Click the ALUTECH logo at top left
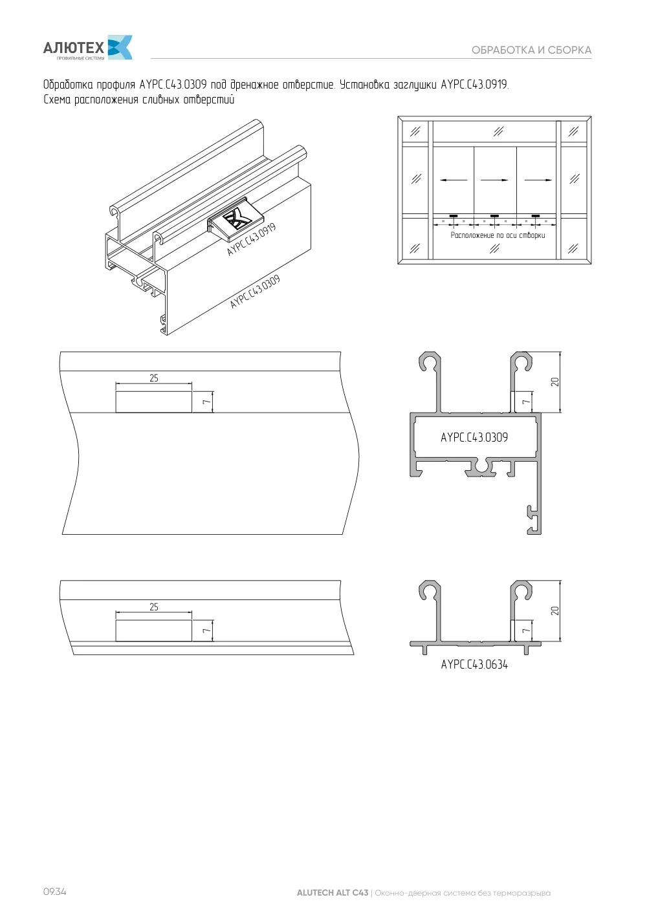point(87,48)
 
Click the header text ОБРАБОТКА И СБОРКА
point(531,50)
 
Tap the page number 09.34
point(55,892)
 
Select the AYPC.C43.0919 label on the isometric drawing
point(252,239)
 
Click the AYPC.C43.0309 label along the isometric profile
point(255,292)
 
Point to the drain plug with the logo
point(235,219)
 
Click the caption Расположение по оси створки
point(498,235)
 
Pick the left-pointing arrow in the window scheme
point(454,180)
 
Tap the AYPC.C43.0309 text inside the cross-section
point(474,438)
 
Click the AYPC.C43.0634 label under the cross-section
point(474,665)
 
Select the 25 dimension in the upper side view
point(154,378)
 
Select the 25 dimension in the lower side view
point(154,607)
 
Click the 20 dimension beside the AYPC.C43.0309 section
point(554,382)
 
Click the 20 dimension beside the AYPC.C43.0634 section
point(554,610)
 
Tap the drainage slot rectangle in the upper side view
point(154,402)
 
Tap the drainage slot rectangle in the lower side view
point(154,630)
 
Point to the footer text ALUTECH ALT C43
point(333,892)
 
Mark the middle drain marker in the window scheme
point(494,216)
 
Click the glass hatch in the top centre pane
point(498,131)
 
